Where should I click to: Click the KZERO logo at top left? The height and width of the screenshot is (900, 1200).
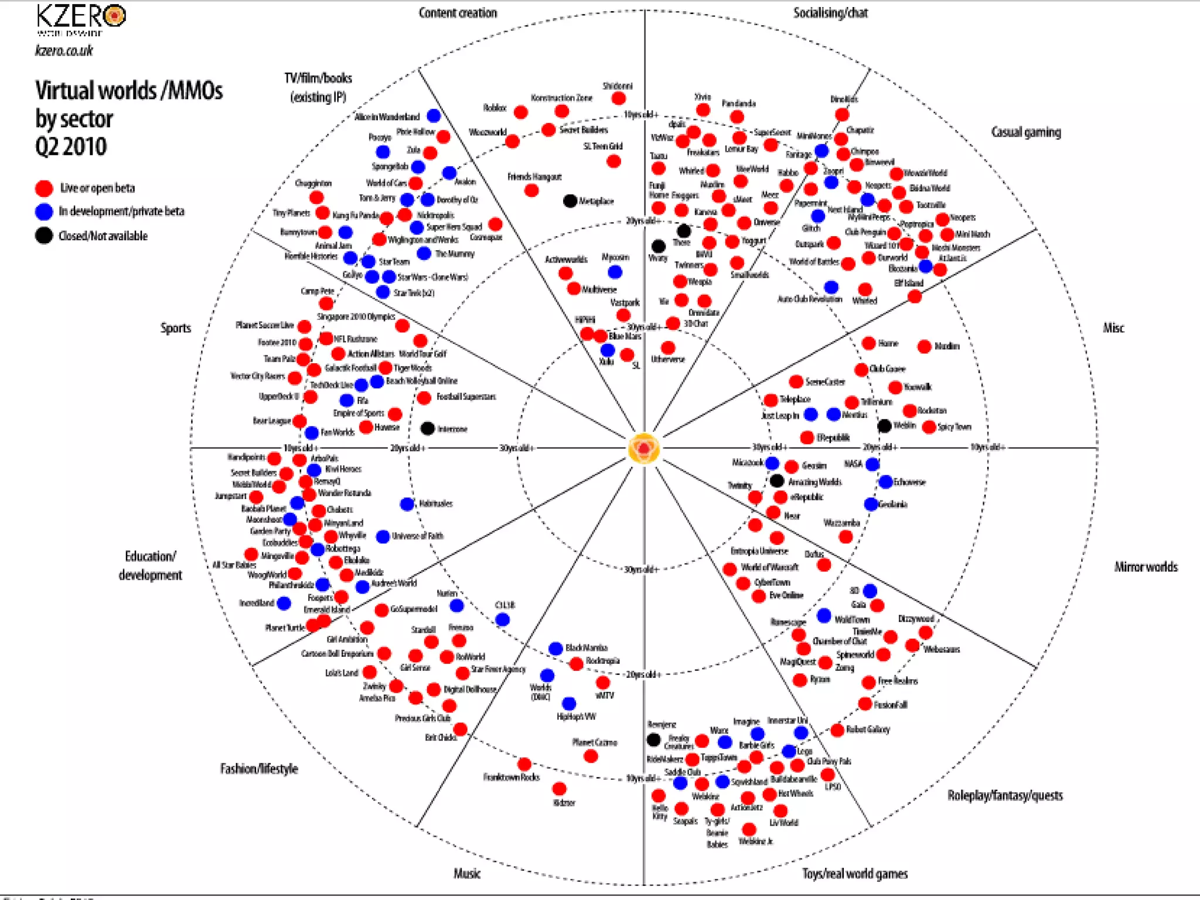(81, 18)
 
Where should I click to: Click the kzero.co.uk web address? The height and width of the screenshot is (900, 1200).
(64, 51)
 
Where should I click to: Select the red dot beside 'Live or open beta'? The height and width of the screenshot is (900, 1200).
(44, 188)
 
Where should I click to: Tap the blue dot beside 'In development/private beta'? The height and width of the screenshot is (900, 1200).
(44, 212)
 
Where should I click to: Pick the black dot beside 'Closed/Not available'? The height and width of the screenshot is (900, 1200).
(44, 236)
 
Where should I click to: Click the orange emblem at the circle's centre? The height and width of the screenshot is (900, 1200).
(644, 449)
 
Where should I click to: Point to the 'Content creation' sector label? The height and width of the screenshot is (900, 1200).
(458, 13)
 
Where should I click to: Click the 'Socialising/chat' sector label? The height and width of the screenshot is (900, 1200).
(830, 13)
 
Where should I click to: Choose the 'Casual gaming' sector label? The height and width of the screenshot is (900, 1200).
(1025, 132)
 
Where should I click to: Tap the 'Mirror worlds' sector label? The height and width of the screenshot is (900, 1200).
(1146, 567)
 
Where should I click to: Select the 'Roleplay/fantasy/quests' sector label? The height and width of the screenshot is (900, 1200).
(1005, 795)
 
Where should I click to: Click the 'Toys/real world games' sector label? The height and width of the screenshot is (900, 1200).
(854, 874)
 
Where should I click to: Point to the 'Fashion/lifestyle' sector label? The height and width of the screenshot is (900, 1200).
(259, 768)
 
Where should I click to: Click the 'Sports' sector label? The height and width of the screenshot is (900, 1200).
(176, 328)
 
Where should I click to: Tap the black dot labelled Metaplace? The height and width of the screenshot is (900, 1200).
(570, 201)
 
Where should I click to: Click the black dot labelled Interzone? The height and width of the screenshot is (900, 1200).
(428, 428)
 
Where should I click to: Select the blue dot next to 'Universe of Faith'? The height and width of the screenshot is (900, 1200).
(383, 536)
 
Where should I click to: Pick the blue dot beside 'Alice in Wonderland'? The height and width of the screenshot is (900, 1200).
(434, 115)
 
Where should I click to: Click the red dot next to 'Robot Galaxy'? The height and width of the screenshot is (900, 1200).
(837, 729)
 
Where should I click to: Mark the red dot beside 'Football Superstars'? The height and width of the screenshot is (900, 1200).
(424, 398)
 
